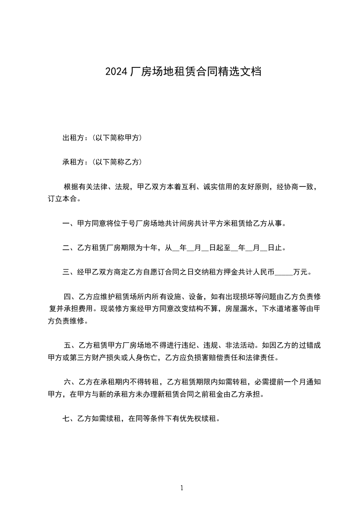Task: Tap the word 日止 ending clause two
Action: pos(275,248)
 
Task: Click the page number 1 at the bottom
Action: pos(182,488)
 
